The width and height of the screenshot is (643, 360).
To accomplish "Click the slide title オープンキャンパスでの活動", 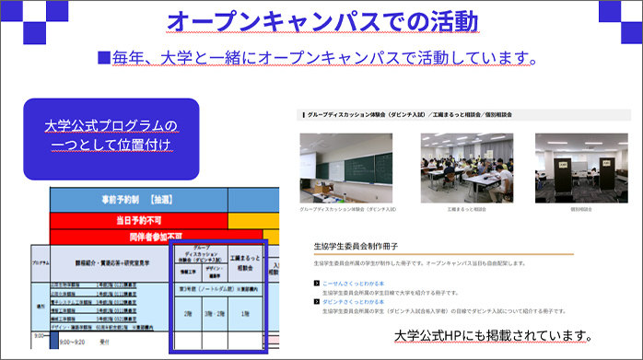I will [x=321, y=20].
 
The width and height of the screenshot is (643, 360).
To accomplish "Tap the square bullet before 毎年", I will [x=104, y=58].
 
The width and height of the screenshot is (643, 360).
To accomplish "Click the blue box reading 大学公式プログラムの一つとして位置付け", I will [x=111, y=136].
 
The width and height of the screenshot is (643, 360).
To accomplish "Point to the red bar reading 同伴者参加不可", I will [x=138, y=236].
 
